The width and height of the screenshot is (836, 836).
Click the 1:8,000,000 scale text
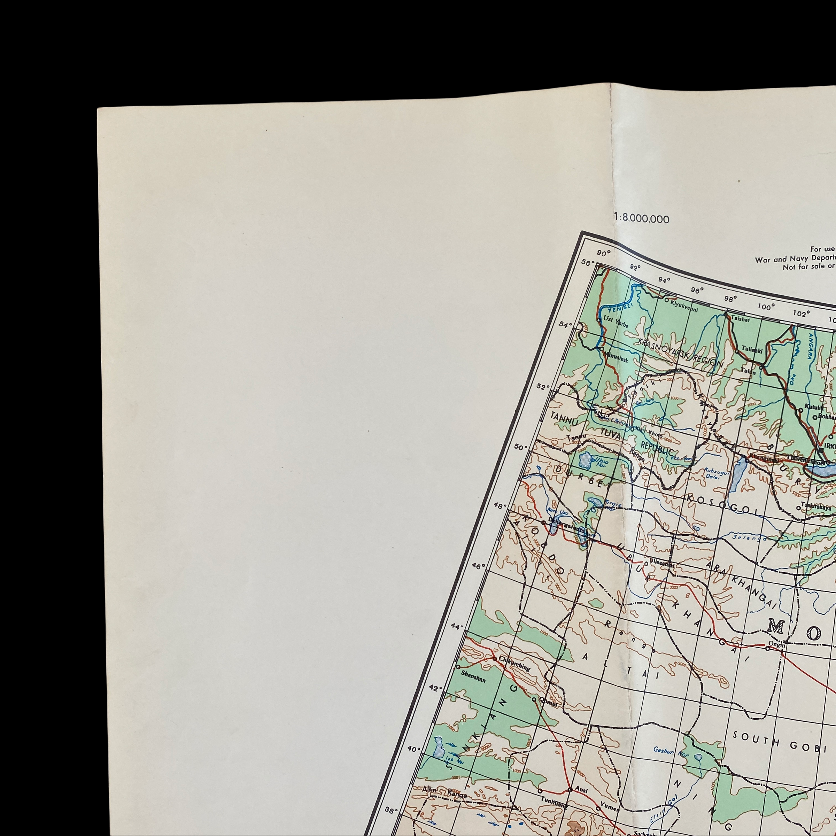[642, 219]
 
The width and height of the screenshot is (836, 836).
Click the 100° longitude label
[766, 307]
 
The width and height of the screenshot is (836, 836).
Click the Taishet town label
[740, 319]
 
